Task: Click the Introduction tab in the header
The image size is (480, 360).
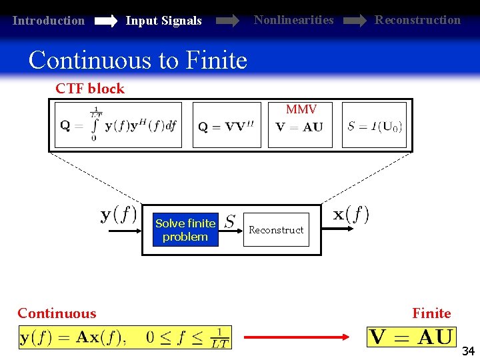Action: click(x=49, y=21)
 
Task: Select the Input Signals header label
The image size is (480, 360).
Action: click(x=163, y=21)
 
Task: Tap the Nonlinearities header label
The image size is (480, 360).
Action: click(x=293, y=20)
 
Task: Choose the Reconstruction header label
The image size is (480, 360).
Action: click(x=417, y=20)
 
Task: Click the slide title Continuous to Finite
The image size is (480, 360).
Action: click(x=138, y=61)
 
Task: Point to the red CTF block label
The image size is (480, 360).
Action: click(x=90, y=89)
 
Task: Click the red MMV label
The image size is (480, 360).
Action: click(x=301, y=109)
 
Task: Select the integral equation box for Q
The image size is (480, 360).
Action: click(x=118, y=125)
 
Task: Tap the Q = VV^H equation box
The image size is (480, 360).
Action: click(x=227, y=125)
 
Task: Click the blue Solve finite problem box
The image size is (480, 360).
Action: click(x=185, y=230)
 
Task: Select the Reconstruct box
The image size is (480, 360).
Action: click(x=276, y=230)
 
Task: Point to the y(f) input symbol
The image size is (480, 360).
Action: click(x=119, y=215)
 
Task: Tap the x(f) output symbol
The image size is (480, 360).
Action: click(x=351, y=215)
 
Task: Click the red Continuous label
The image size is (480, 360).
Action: click(x=57, y=313)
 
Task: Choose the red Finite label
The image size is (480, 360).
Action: click(x=431, y=313)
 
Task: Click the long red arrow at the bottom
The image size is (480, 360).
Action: click(x=296, y=337)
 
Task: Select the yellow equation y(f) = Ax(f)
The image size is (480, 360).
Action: click(x=125, y=337)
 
